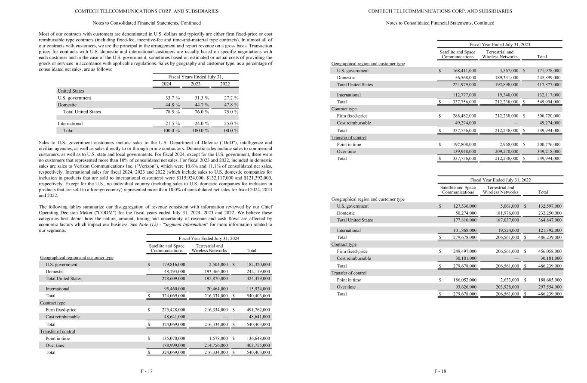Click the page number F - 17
(147, 371)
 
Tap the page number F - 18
(440, 371)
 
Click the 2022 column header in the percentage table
(225, 84)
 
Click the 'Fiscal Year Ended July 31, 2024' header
(209, 239)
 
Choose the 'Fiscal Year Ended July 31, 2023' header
(500, 45)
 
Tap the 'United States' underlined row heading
(71, 91)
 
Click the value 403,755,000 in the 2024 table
(258, 346)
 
